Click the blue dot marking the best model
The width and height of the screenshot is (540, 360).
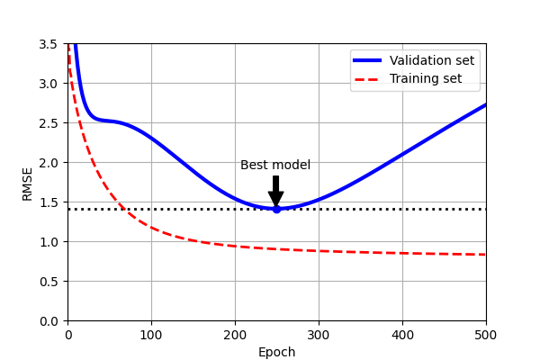pos(276,209)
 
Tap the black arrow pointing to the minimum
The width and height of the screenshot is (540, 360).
pos(276,192)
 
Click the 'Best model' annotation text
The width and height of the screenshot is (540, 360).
pos(275,165)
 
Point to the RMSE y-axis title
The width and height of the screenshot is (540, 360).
pos(28,183)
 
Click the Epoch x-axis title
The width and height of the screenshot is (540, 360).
pos(276,352)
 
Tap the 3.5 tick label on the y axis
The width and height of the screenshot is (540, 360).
pos(50,44)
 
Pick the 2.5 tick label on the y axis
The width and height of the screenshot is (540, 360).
pos(50,123)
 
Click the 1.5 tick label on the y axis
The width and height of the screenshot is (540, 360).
pos(50,202)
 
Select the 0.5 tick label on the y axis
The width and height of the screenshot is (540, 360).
pos(50,282)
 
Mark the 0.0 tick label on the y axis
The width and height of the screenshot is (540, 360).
pos(50,321)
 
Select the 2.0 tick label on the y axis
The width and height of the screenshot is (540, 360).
pos(50,163)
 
